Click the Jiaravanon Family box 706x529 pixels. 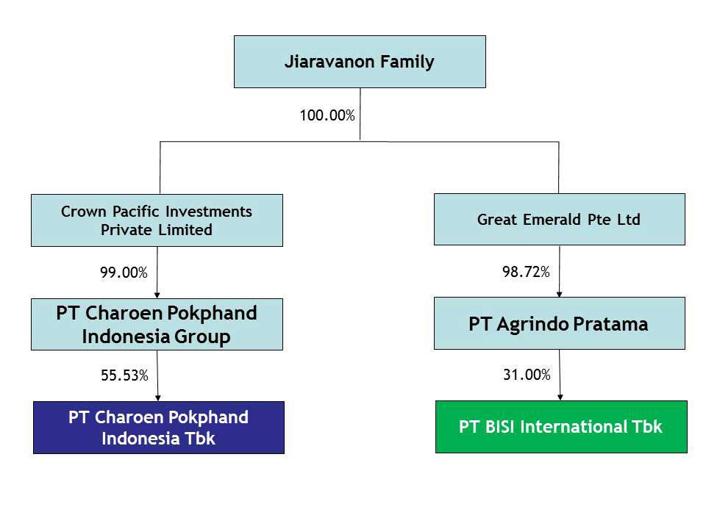[x=360, y=62]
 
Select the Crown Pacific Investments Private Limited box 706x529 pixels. [x=157, y=220]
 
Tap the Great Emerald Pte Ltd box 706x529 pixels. [x=559, y=220]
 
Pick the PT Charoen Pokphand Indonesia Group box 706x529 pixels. [x=157, y=324]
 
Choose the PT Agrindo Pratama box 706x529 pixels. [x=559, y=323]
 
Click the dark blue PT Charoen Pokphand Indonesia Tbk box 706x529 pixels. [x=159, y=428]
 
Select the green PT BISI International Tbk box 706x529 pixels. [x=561, y=426]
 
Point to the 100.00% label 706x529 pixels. [x=327, y=115]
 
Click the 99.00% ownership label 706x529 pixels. [x=124, y=272]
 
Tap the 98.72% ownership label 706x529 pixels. [x=526, y=272]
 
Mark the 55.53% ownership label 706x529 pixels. [x=124, y=375]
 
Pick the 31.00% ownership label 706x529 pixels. [x=527, y=374]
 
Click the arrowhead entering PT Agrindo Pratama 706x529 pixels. [x=559, y=294]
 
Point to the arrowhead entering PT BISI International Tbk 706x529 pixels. [x=560, y=397]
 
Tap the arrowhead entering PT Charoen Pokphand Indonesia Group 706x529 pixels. [x=157, y=295]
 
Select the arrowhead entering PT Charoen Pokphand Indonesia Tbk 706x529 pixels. [x=158, y=398]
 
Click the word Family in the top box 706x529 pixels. [x=407, y=62]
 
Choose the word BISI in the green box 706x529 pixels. [x=500, y=426]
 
